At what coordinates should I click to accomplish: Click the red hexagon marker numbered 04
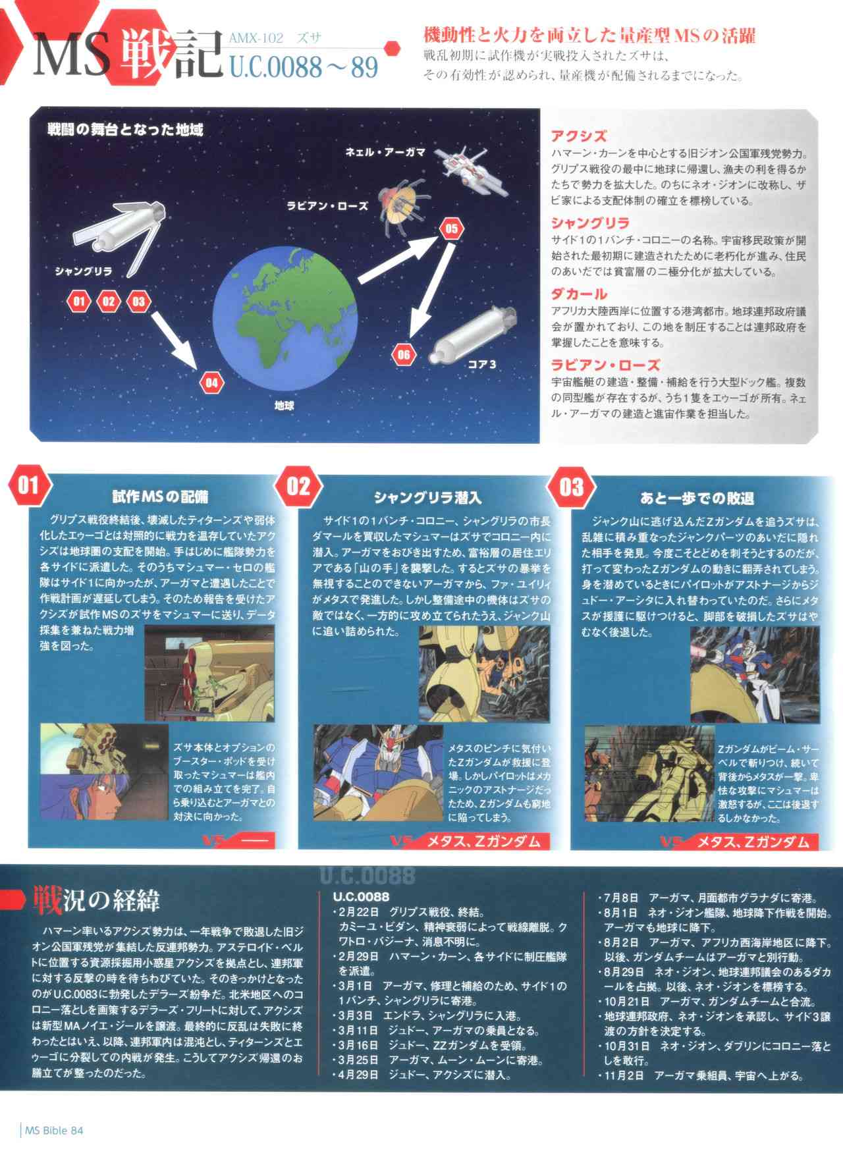pyautogui.click(x=211, y=383)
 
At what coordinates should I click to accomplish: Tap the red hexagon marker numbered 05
pyautogui.click(x=451, y=229)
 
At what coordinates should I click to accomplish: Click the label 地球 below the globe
pyautogui.click(x=284, y=406)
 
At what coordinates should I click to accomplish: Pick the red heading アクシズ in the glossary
pyautogui.click(x=578, y=136)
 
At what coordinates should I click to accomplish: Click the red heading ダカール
pyautogui.click(x=578, y=294)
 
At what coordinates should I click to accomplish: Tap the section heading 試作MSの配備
pyautogui.click(x=160, y=497)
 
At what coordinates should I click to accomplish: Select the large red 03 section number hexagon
pyautogui.click(x=570, y=487)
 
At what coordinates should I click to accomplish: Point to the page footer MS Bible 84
pyautogui.click(x=53, y=1131)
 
